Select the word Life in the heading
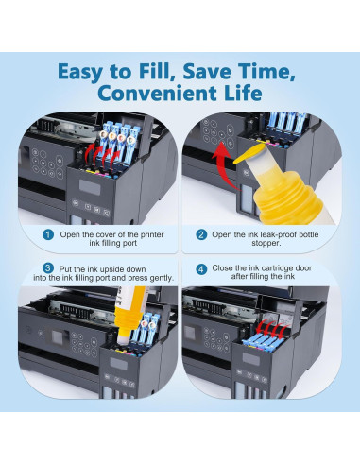pos(243,93)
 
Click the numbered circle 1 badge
pos(48,234)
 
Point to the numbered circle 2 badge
pos(201,234)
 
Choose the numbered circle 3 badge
pos(48,268)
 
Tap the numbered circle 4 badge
pos(201,269)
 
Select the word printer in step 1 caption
pos(152,234)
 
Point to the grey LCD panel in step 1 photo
pos(90,187)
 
